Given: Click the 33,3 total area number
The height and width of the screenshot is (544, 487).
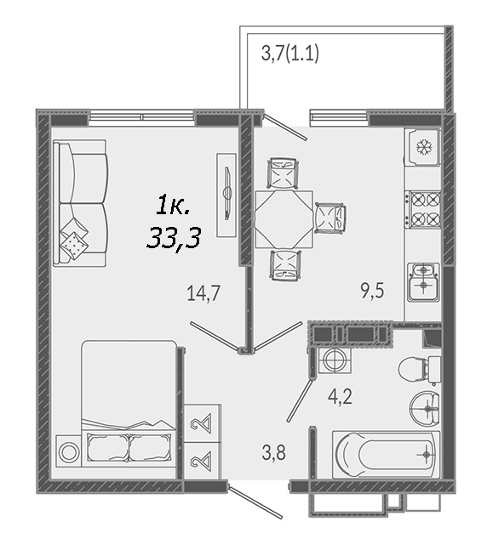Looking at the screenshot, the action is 174,239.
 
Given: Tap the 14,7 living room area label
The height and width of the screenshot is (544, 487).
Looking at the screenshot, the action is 203,293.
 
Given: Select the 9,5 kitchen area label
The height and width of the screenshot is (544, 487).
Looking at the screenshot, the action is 372,291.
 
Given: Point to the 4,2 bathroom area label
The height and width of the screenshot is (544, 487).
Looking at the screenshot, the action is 340,397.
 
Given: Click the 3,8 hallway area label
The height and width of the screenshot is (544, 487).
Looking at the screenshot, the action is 274,452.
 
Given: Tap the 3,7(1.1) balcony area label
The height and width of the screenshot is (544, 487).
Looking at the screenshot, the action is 290,54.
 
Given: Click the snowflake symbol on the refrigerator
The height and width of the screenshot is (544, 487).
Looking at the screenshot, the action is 425,147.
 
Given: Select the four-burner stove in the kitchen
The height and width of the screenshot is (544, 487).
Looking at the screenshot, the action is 422,210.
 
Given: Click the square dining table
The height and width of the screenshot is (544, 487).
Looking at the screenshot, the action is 284,219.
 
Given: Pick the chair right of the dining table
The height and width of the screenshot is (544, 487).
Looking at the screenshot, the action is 330,218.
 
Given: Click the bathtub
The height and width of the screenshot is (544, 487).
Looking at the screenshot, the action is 386,455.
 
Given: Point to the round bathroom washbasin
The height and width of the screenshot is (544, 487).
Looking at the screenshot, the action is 425,408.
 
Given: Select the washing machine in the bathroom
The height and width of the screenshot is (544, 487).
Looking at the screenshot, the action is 335,360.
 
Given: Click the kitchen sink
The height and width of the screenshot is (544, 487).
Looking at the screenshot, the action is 423,281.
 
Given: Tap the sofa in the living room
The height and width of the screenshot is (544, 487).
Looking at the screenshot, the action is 79,203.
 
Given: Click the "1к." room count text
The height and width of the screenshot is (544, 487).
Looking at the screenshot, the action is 173,206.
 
